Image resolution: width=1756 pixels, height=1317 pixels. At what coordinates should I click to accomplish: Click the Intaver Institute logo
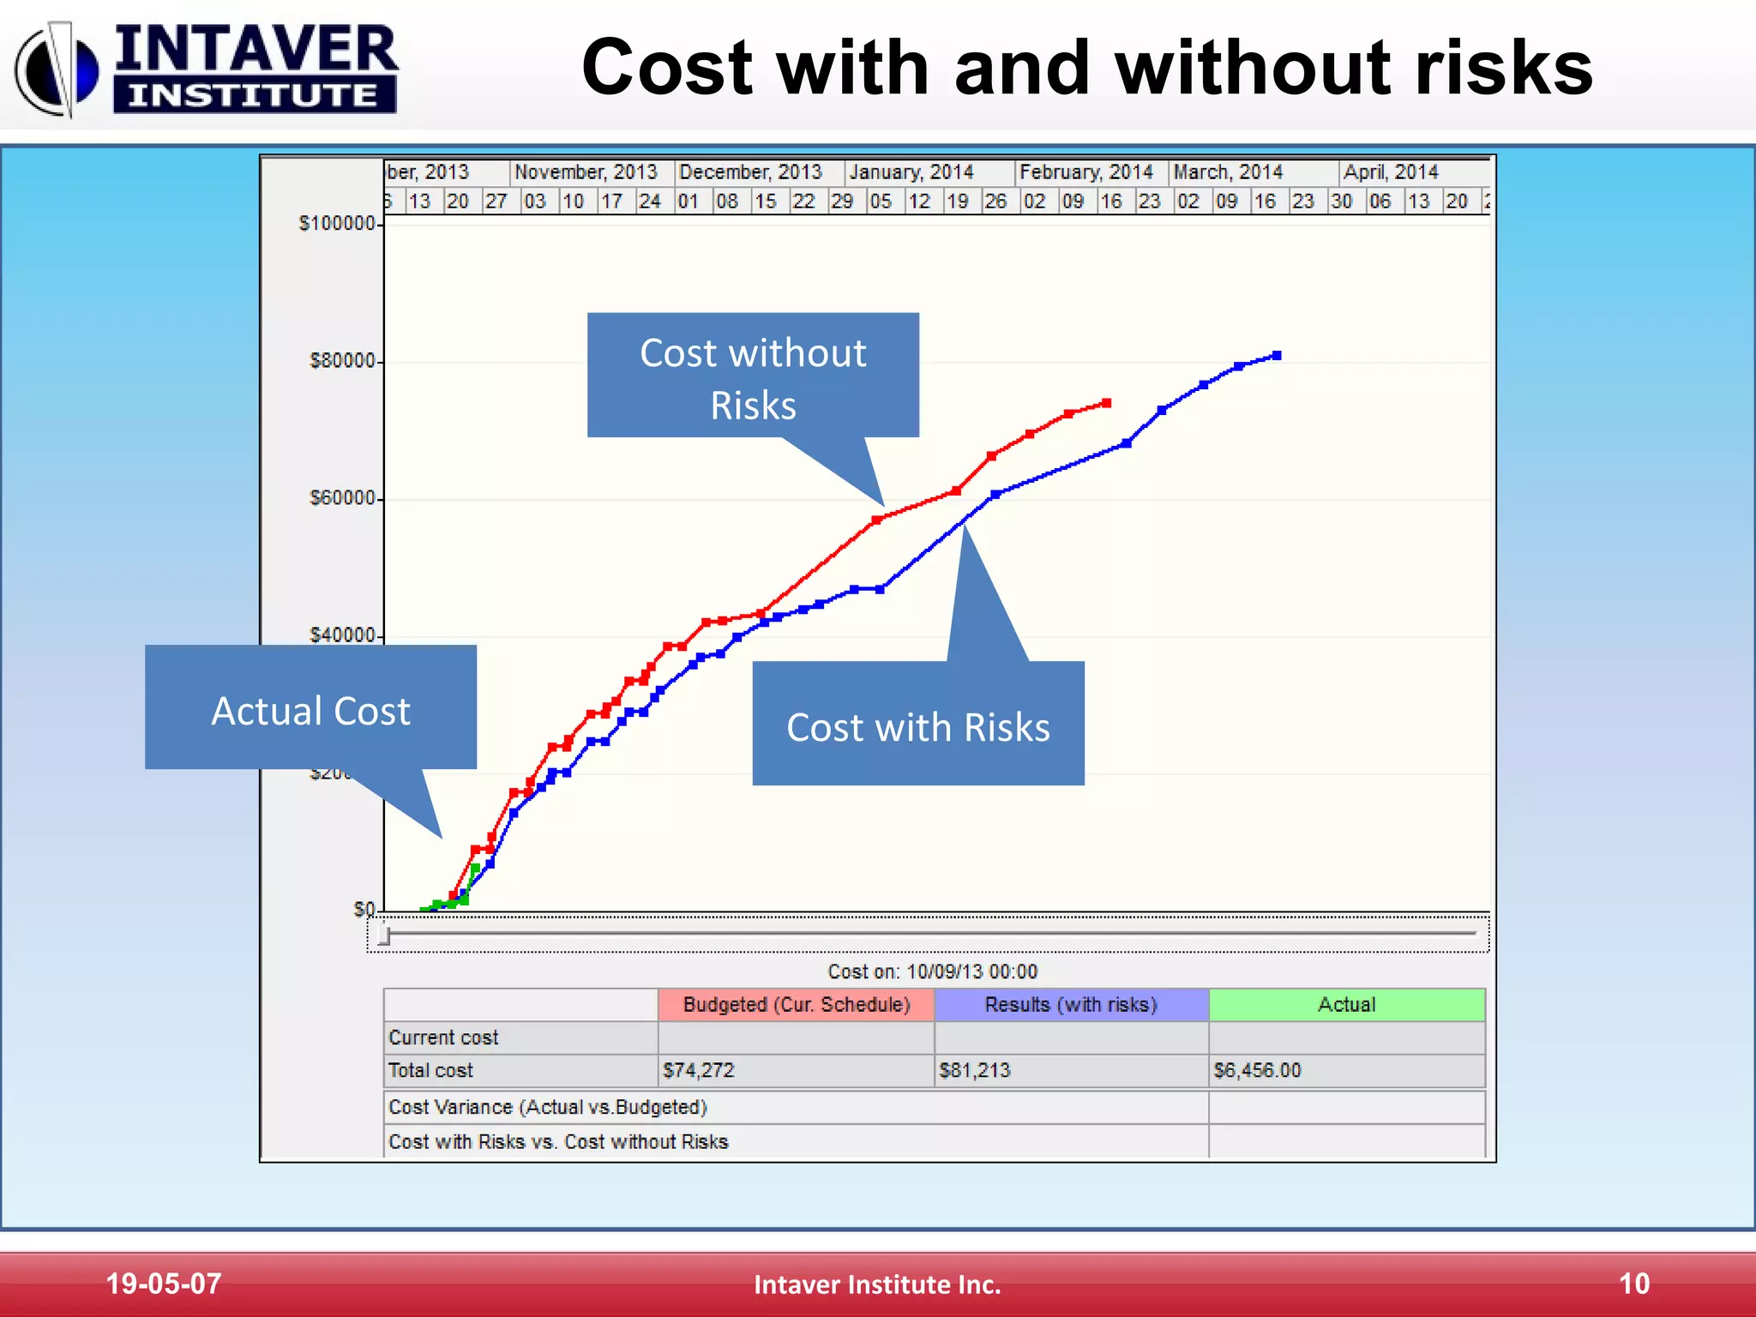pos(206,69)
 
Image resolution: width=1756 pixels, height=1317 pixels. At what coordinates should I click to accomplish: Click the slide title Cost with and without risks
pos(1086,68)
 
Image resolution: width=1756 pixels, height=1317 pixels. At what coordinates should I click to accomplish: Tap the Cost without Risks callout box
pos(753,377)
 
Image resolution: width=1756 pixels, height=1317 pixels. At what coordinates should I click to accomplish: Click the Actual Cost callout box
pos(310,710)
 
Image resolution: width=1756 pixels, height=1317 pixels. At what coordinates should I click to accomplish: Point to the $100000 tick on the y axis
pos(338,224)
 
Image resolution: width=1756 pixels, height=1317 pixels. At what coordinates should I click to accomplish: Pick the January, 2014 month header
pos(911,172)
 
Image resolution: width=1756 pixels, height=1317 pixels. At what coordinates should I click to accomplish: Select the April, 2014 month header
pos(1390,172)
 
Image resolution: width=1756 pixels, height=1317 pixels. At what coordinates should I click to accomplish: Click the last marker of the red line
pos(1107,403)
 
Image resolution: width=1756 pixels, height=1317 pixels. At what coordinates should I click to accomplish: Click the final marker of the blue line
pos(1277,355)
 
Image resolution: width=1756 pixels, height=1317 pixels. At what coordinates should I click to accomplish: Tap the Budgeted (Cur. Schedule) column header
pos(796,1005)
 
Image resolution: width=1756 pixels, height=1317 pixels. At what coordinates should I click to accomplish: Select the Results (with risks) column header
pos(1071,1005)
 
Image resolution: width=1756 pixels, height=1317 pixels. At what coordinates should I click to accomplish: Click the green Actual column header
pos(1346,1005)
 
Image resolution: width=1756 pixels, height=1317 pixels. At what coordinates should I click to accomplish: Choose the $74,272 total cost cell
pos(699,1070)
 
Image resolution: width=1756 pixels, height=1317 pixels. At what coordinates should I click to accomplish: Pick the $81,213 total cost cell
pos(975,1070)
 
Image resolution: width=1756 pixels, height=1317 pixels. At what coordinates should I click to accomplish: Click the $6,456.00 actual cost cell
pos(1257,1070)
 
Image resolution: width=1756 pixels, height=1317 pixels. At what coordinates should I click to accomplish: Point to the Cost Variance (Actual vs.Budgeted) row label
pos(548,1107)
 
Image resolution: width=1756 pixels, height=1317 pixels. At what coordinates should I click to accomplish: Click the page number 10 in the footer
pos(1633,1284)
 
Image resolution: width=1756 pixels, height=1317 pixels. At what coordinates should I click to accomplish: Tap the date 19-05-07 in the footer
pos(163,1284)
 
